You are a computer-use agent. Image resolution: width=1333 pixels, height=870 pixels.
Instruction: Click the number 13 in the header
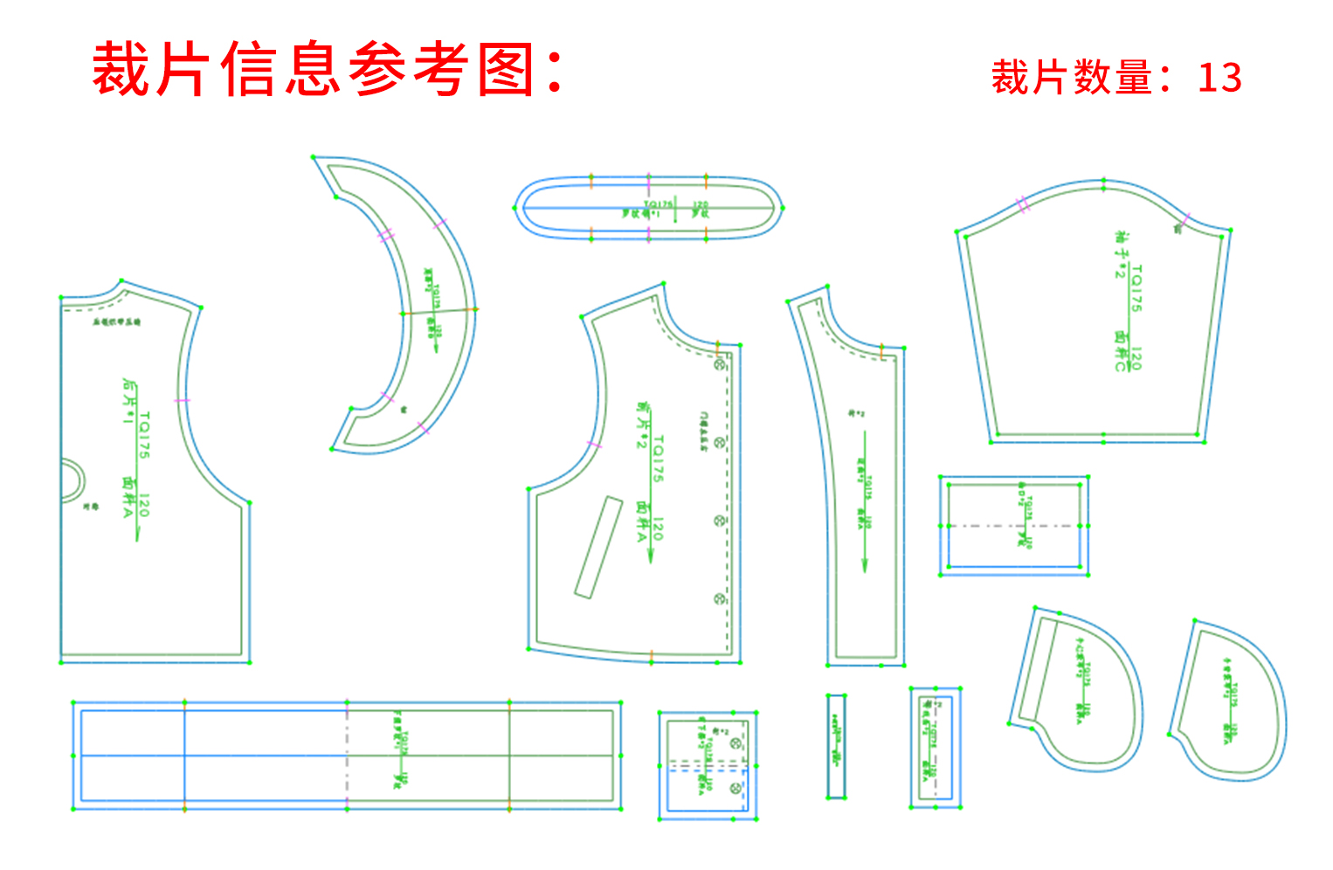click(1219, 78)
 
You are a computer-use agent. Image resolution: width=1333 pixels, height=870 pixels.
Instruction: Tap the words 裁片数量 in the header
click(1071, 78)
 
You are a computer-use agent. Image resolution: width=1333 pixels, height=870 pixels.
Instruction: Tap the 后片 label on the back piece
click(130, 391)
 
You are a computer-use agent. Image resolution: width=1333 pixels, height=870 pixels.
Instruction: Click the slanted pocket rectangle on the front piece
click(598, 547)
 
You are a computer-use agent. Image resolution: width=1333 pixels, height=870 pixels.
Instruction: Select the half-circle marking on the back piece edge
click(72, 480)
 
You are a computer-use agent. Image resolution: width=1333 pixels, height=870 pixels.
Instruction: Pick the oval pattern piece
click(648, 208)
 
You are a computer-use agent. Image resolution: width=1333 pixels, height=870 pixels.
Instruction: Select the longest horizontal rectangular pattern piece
click(347, 756)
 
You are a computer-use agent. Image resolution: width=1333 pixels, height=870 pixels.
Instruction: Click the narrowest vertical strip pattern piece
click(836, 746)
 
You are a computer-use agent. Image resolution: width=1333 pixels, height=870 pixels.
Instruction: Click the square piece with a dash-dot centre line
click(1013, 526)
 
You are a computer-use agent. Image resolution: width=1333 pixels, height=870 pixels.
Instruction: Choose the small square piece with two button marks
click(707, 765)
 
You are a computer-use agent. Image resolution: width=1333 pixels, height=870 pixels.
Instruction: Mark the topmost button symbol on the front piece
click(721, 364)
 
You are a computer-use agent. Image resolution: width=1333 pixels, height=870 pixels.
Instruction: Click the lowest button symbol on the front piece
click(720, 599)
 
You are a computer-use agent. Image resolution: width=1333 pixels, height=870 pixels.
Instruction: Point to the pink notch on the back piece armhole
click(182, 401)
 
